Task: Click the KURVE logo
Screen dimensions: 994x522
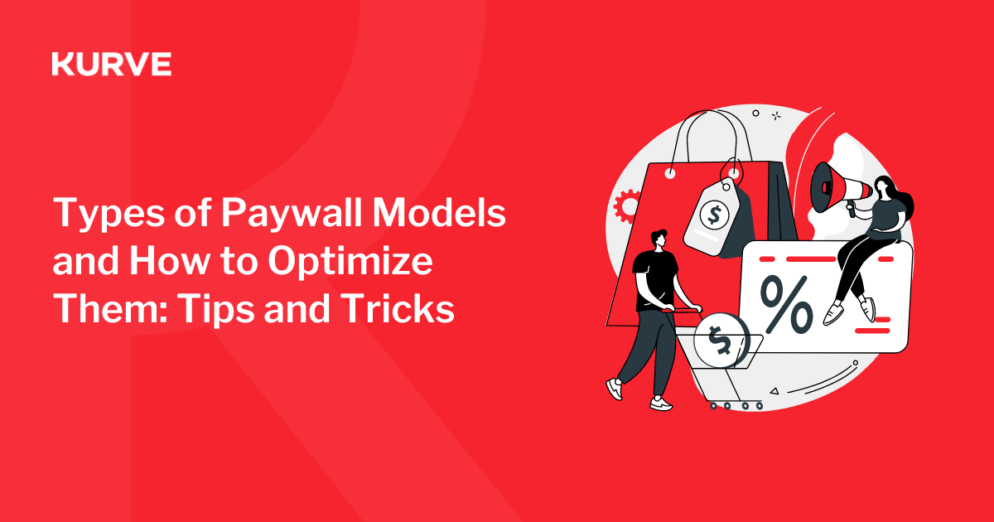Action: click(x=111, y=64)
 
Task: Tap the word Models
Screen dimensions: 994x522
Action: click(x=439, y=212)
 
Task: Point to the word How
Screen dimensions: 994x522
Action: click(x=169, y=260)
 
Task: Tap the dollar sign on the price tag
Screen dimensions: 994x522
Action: click(x=714, y=215)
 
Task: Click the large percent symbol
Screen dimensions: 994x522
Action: click(x=786, y=305)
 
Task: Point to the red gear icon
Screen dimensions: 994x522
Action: click(x=625, y=206)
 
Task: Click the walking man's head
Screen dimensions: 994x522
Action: click(x=659, y=240)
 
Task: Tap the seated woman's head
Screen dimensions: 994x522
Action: click(x=883, y=186)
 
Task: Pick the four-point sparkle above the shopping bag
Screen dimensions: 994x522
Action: click(x=775, y=116)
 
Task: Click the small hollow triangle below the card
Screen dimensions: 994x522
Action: click(x=774, y=391)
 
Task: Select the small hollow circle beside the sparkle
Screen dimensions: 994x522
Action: click(x=755, y=114)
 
